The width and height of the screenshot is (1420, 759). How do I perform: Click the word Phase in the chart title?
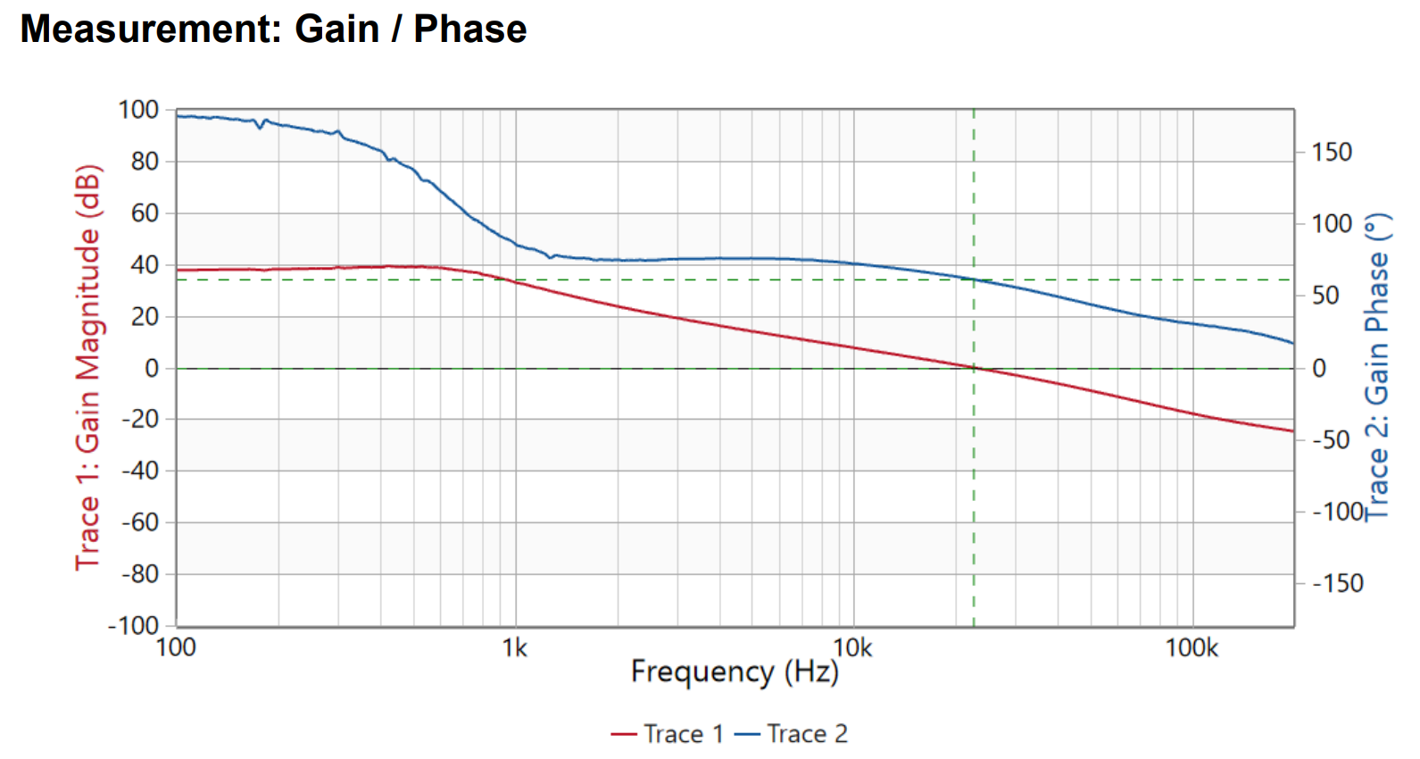coord(470,29)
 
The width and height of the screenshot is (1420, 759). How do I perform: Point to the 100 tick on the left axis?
coord(138,110)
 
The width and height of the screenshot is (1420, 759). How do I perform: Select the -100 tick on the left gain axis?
coord(134,625)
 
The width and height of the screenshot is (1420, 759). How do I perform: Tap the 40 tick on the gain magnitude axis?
coord(145,264)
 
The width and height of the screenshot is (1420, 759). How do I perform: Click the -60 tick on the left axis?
coord(140,521)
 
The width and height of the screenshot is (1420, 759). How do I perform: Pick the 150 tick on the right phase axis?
coord(1332,152)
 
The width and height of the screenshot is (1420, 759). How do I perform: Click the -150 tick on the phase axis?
coord(1337,583)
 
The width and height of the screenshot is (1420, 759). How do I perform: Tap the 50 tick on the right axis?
coord(1325,296)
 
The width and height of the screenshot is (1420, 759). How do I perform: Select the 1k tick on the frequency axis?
coord(515,647)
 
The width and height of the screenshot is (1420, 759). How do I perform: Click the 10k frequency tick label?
coord(852,647)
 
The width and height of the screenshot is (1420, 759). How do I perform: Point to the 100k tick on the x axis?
coord(1191,647)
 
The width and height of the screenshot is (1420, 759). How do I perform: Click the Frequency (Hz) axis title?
coord(735,671)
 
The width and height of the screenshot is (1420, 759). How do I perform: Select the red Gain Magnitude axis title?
coord(88,368)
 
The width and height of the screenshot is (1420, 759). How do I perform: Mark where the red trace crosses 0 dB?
coord(974,367)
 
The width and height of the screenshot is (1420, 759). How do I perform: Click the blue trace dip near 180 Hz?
coord(260,128)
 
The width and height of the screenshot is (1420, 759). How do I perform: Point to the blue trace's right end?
coord(1292,343)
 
